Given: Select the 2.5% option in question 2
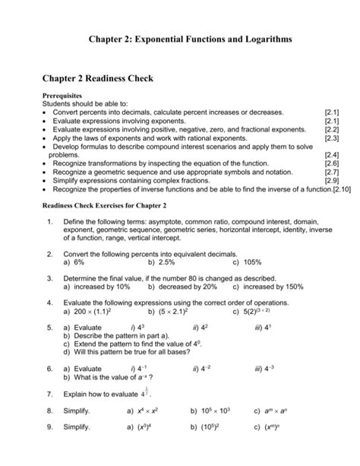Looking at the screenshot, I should [x=162, y=262].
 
